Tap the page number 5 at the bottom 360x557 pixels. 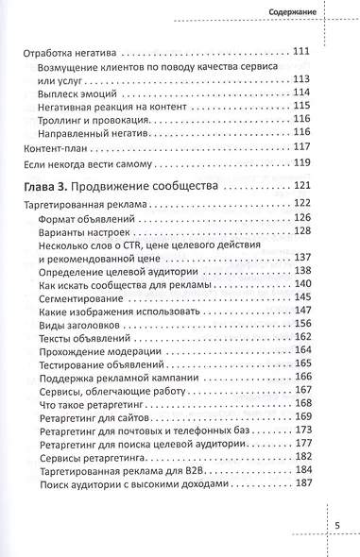(336, 524)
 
